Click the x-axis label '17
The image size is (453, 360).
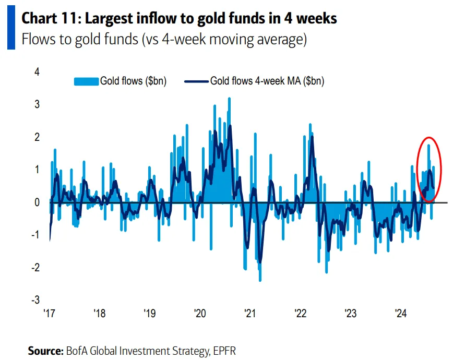point(50,314)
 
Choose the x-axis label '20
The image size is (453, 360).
point(200,314)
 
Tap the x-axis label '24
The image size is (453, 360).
point(400,314)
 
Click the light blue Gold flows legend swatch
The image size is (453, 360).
point(86,81)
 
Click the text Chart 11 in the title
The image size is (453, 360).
point(50,18)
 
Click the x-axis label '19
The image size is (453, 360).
point(150,314)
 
